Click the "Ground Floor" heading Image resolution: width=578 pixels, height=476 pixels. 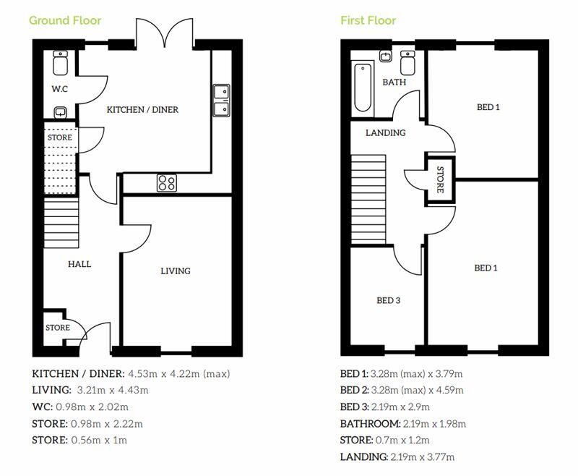65,21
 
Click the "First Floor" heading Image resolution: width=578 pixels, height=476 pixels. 368,21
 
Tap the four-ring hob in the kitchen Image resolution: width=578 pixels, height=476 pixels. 167,182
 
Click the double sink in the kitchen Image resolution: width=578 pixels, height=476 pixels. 222,101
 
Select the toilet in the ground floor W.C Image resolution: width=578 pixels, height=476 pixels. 61,63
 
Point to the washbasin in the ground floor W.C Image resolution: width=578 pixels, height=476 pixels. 61,112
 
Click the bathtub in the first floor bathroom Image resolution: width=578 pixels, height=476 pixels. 363,88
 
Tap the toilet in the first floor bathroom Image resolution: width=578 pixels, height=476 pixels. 407,63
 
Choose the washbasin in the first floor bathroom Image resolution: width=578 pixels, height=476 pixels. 386,56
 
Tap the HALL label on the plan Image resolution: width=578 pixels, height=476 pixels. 79,264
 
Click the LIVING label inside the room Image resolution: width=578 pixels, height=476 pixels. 176,271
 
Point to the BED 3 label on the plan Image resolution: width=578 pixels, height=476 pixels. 388,300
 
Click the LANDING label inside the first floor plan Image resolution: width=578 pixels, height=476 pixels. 386,133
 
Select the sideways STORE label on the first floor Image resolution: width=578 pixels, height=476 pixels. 440,179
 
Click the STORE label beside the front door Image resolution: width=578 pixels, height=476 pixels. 58,328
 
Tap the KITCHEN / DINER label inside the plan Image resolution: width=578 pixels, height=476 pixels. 142,109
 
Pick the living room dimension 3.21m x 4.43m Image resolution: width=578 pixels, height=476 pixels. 113,390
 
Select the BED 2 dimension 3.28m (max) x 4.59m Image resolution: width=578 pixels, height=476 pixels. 417,390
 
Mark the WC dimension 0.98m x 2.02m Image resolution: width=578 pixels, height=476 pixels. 92,407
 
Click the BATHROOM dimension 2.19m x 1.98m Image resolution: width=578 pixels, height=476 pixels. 435,424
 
